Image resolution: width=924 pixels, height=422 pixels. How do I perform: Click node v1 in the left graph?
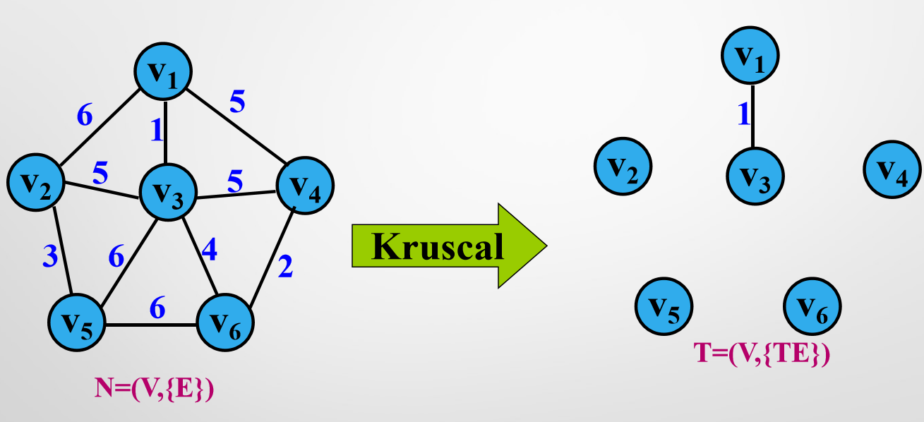164,71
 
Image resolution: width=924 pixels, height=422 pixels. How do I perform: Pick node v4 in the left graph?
305,186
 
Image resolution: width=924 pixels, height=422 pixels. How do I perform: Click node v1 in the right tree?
750,56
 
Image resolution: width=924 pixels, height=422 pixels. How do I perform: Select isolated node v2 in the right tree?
622,167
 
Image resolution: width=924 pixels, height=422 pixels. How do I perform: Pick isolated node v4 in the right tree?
892,168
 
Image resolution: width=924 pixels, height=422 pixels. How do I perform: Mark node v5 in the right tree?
664,306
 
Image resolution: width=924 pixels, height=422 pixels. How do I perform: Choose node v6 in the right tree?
812,306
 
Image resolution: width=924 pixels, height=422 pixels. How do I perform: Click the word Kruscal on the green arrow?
438,246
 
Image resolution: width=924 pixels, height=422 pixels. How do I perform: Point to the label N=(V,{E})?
155,389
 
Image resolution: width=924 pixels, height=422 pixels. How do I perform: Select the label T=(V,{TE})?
762,354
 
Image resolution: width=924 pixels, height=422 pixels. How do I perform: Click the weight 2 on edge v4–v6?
286,267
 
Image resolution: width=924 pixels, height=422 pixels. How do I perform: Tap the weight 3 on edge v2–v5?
49,255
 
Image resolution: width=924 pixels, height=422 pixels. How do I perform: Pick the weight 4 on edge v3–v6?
209,251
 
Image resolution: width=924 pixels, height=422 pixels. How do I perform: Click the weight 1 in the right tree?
743,114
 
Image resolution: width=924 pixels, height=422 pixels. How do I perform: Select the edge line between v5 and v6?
150,325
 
